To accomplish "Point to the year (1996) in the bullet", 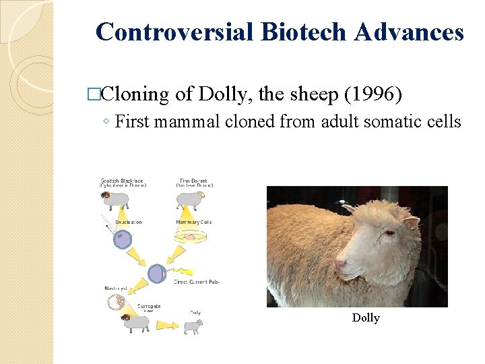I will [373, 94].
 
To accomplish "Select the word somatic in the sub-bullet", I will [398, 122].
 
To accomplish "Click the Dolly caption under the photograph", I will [366, 317].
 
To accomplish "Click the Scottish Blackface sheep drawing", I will [115, 200].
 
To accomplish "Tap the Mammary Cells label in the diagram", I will [194, 222].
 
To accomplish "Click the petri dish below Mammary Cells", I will [191, 237].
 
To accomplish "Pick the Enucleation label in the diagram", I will [129, 222].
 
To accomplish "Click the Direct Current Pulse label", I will [196, 282].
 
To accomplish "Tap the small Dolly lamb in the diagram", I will [193, 326].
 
